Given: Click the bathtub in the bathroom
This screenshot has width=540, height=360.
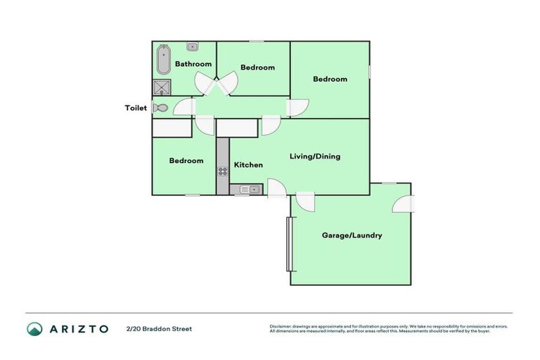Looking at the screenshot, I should coord(163,60).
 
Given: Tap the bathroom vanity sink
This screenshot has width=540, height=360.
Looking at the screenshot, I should coord(192,46).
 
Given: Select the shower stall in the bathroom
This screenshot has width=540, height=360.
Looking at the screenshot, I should coord(162,87).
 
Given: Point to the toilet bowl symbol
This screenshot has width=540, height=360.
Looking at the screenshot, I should coord(161,108).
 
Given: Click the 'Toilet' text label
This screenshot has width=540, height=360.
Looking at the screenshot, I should coord(136,108).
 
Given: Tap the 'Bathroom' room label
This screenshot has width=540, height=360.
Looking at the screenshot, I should coord(193,65).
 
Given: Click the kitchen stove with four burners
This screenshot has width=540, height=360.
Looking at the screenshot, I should coord(222,170).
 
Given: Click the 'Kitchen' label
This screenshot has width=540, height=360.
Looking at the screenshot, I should coord(248,165).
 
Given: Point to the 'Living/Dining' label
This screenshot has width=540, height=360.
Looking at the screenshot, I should coord(315,156).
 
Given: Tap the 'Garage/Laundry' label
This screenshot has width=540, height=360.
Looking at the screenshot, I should coord(352,236).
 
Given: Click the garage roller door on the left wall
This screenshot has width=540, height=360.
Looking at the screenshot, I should coord(288,244).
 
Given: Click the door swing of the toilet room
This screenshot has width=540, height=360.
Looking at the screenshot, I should coord(184,107).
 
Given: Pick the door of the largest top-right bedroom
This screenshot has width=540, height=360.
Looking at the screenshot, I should coord(297,108).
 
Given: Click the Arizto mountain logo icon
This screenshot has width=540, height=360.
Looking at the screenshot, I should coord(34,329).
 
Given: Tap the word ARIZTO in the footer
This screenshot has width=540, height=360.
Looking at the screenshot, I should coord(78,329).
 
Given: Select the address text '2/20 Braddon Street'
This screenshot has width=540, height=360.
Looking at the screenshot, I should coord(159,329).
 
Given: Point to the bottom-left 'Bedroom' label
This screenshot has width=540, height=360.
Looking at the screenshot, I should coord(186,161).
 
